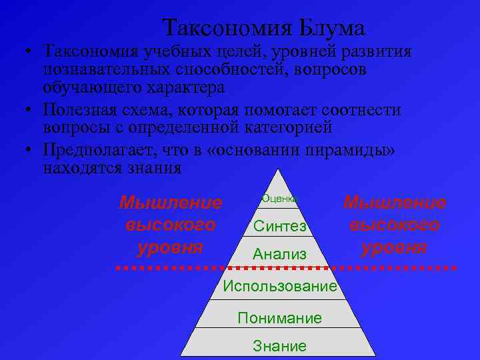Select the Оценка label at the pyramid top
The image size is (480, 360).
click(x=279, y=198)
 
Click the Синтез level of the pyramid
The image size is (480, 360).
click(x=280, y=227)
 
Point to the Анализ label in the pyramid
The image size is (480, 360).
click(x=280, y=254)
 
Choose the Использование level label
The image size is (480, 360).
click(x=280, y=286)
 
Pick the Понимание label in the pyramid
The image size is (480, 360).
click(x=280, y=318)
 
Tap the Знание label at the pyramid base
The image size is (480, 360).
click(x=280, y=346)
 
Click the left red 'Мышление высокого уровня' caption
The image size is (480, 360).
click(x=170, y=225)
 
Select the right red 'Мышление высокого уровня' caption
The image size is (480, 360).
click(x=395, y=225)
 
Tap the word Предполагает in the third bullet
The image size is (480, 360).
click(x=99, y=151)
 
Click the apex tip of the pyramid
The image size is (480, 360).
click(x=280, y=169)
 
